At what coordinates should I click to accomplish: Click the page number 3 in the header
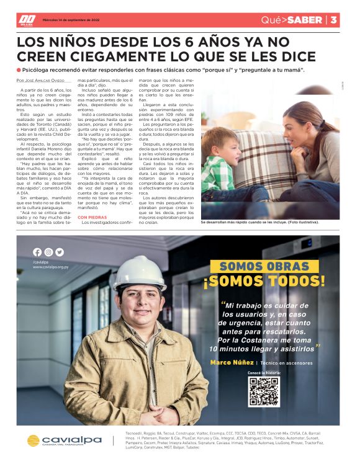pos(333,20)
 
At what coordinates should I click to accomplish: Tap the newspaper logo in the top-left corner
pos(27,20)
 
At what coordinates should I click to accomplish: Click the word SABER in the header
pos(306,20)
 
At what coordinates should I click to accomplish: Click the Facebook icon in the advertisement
pos(37,252)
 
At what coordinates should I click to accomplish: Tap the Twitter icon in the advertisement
pos(60,252)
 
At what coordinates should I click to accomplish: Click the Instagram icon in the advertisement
pos(48,252)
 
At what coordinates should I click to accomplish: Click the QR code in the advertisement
pos(264,391)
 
